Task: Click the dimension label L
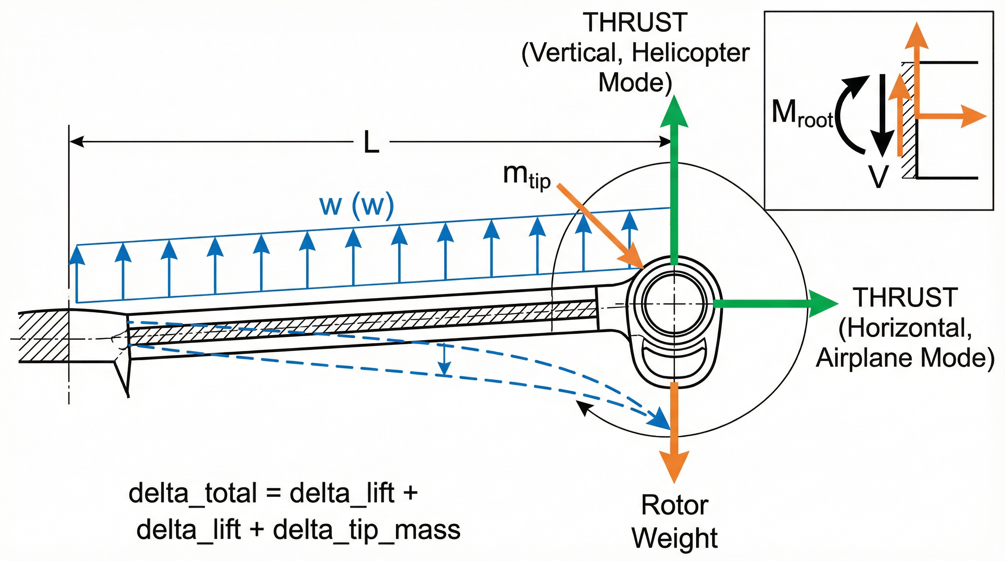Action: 371,143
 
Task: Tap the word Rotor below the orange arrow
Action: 675,505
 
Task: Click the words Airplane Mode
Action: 905,357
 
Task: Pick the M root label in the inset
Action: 802,114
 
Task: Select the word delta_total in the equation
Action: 193,493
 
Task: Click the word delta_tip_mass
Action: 366,530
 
